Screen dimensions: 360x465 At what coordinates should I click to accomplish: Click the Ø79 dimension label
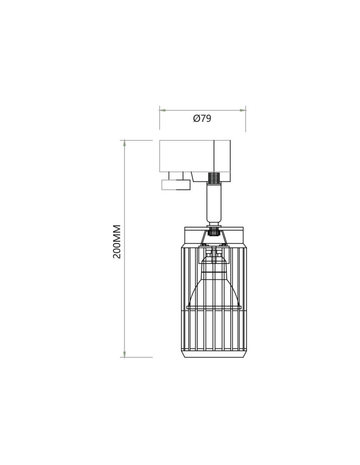pos(202,119)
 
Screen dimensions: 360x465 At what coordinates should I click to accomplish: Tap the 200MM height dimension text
pos(117,242)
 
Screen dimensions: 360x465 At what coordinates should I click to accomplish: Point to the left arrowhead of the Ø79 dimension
pos(162,110)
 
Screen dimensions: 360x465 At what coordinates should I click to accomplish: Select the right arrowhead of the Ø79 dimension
pos(243,110)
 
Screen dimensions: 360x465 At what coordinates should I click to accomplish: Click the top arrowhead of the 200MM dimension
pos(125,143)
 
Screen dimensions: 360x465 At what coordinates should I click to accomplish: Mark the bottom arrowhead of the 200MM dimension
pos(125,353)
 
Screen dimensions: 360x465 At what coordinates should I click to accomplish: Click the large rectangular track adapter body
pos(187,156)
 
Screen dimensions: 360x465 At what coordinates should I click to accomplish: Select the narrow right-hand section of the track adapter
pos(222,160)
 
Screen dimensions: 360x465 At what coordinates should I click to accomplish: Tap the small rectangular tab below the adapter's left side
pos(175,185)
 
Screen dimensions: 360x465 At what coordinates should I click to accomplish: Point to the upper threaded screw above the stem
pos(214,178)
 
